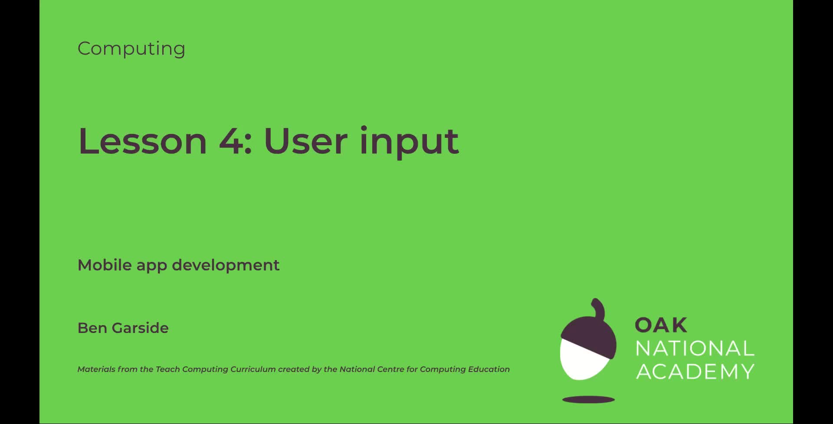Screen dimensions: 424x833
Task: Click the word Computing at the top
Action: point(131,49)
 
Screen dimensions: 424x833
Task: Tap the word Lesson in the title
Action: point(142,141)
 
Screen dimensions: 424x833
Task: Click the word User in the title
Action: point(305,141)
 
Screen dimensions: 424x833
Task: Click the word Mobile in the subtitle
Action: point(104,265)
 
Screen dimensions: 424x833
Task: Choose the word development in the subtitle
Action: point(226,265)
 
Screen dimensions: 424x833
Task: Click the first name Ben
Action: point(92,328)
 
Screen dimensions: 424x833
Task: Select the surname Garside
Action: point(140,328)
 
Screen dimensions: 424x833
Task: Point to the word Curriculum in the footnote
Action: point(253,369)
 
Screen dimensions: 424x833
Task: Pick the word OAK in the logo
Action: point(661,325)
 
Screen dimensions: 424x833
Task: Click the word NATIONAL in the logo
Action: point(695,349)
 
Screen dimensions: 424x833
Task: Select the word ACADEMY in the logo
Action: point(695,372)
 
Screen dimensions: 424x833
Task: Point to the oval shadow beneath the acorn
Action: point(588,399)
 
